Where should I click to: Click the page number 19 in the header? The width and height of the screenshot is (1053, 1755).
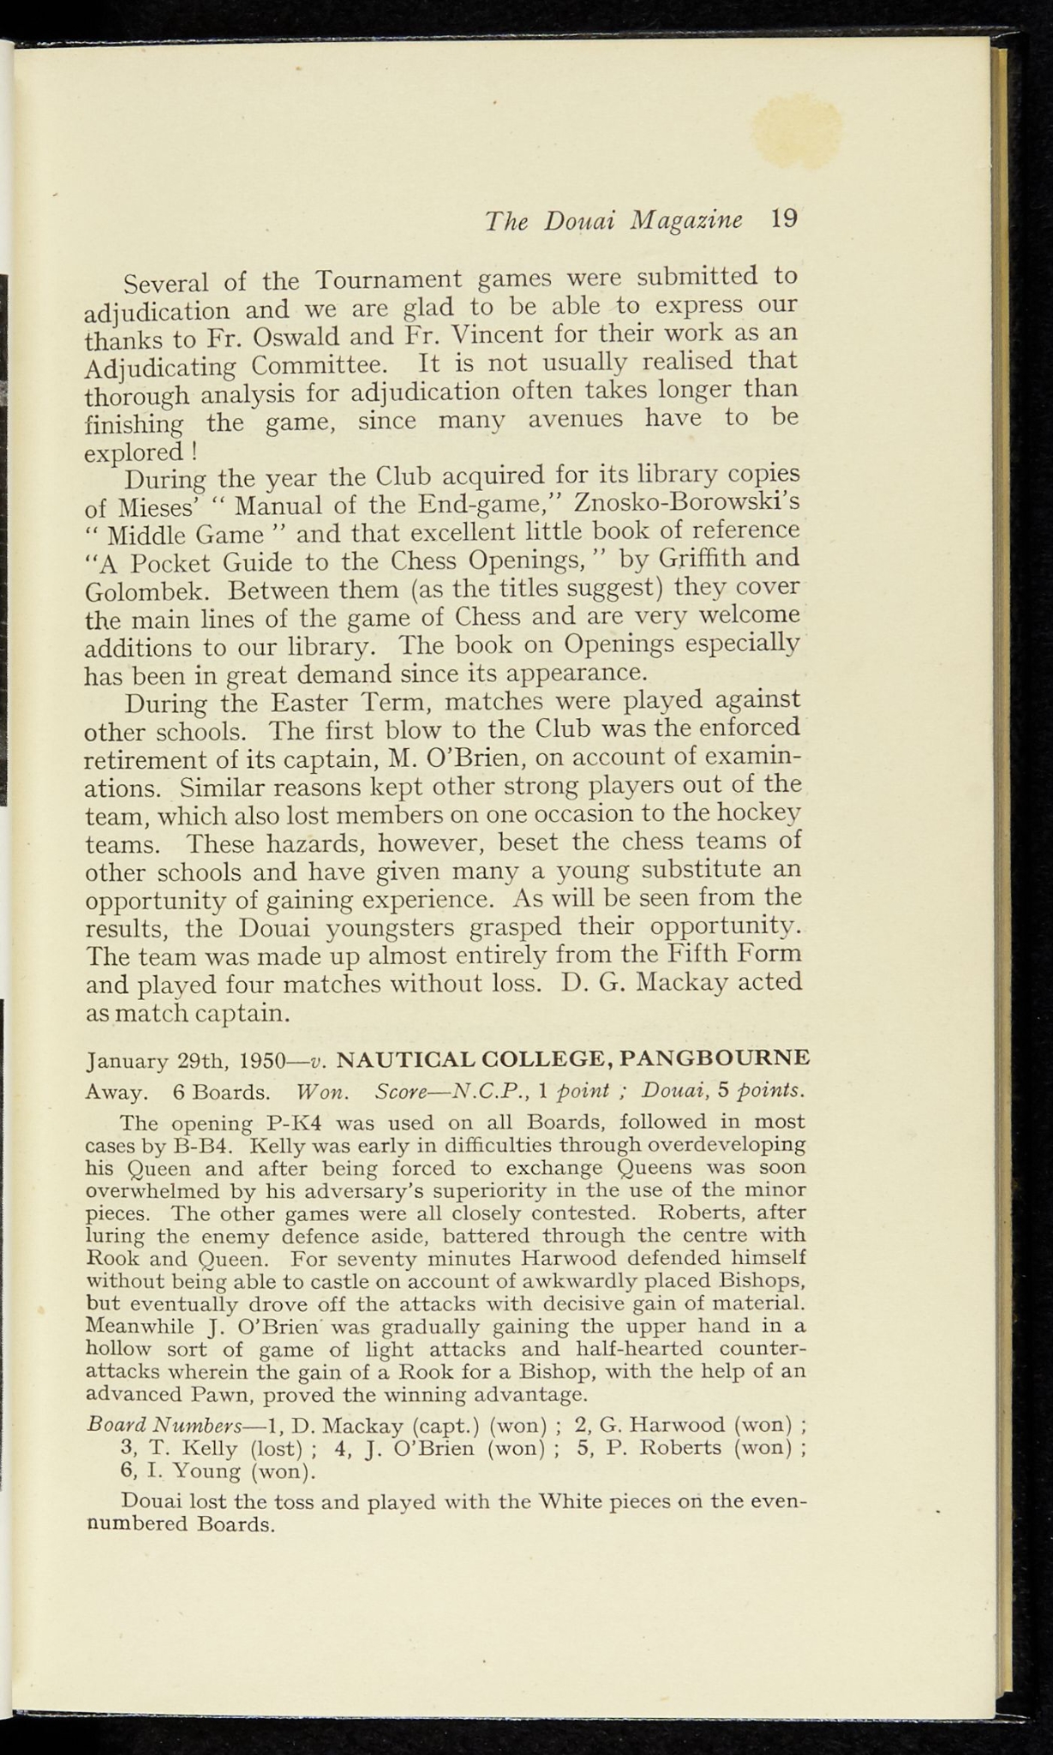coord(783,219)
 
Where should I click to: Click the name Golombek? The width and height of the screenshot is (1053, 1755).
coord(147,592)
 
